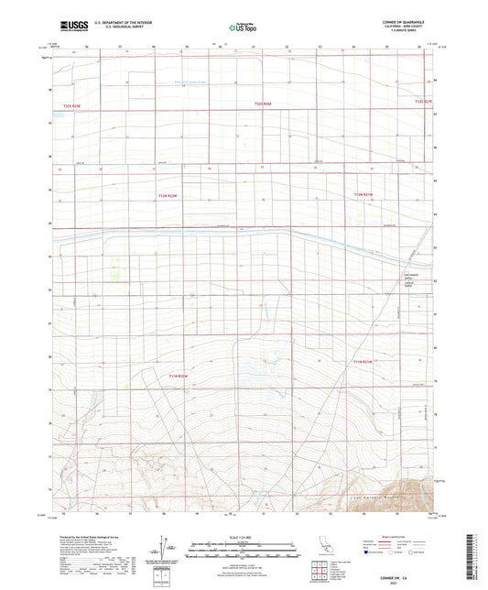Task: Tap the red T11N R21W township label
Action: (x=363, y=363)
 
